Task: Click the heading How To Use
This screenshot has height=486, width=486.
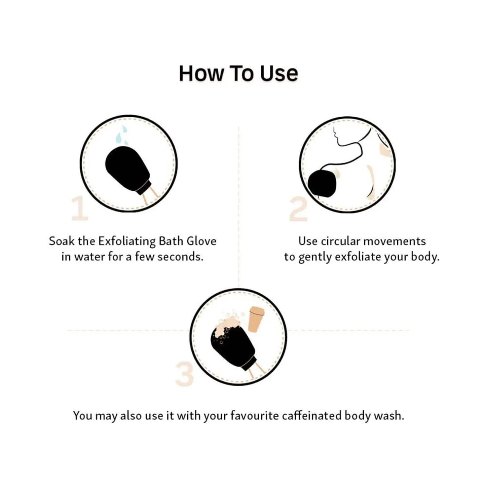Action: [x=238, y=73]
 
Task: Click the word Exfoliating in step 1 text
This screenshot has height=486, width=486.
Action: [x=127, y=241]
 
